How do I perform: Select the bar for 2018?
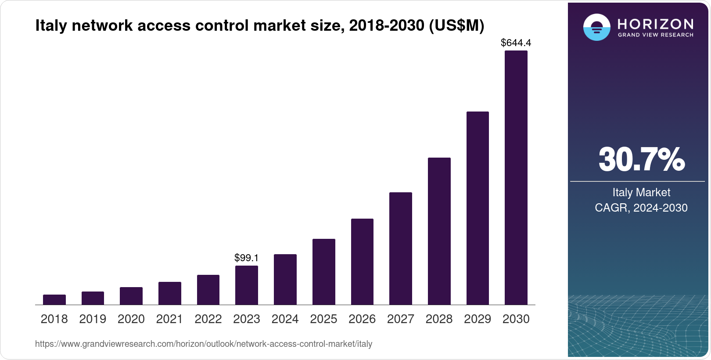click(x=54, y=300)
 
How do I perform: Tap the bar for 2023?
click(x=247, y=285)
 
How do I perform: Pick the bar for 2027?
click(x=400, y=248)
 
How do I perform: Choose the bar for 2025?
click(x=323, y=272)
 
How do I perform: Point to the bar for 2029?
click(x=478, y=208)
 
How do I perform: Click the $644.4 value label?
click(x=516, y=43)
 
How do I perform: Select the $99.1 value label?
click(x=247, y=258)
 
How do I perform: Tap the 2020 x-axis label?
click(x=131, y=319)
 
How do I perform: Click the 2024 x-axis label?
click(x=285, y=319)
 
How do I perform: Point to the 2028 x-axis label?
click(x=439, y=319)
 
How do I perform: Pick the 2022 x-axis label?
click(x=208, y=319)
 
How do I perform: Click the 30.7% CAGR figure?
click(x=641, y=159)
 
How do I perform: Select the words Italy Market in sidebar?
click(x=641, y=192)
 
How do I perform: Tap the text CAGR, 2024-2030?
click(x=641, y=208)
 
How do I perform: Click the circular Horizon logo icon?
click(x=596, y=27)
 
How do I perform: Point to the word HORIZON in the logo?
click(x=655, y=24)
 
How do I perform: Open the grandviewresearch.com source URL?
click(x=204, y=344)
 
